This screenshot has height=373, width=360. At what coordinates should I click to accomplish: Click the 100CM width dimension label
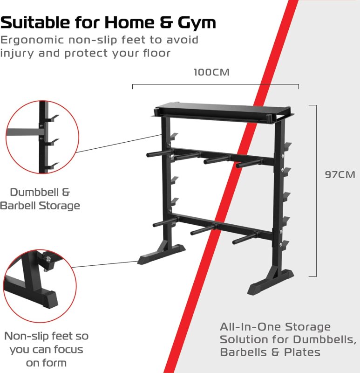[x=211, y=73]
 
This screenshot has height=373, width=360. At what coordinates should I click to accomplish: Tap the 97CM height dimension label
[x=340, y=175]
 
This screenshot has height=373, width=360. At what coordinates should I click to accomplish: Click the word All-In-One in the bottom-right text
[x=247, y=327]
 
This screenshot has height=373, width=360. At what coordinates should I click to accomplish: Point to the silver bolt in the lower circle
[x=48, y=256]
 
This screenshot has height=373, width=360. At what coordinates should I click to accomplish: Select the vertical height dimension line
[x=317, y=191]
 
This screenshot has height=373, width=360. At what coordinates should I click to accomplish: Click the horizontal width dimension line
[x=215, y=85]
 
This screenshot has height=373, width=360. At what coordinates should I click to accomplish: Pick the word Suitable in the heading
[x=36, y=22]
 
